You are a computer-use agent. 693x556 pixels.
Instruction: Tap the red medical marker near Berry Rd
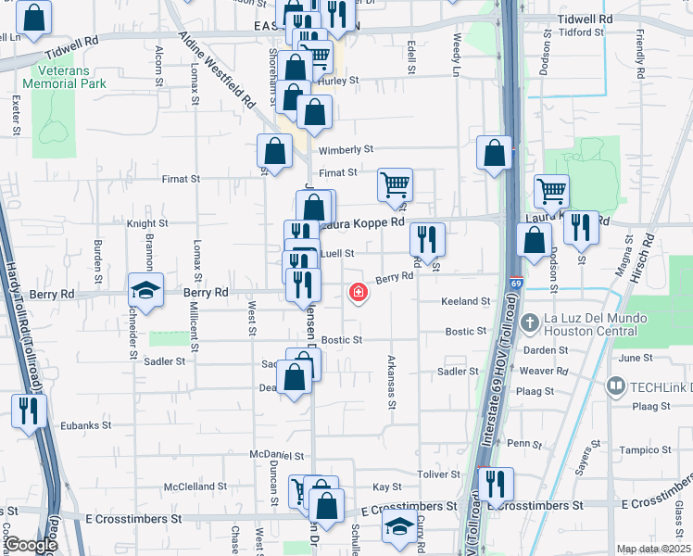[x=357, y=293]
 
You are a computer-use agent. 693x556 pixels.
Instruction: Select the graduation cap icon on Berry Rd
[x=145, y=291]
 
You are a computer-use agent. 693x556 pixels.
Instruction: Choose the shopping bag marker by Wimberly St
[x=275, y=151]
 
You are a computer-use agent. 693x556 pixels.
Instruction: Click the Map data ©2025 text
[x=652, y=549]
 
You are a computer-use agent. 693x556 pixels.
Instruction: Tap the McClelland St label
[x=195, y=486]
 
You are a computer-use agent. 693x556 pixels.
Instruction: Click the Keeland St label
[x=465, y=301]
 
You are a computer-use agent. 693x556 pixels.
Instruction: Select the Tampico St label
[x=646, y=449]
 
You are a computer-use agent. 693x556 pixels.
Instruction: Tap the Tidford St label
[x=582, y=32]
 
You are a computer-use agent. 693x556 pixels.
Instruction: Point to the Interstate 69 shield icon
[x=514, y=282]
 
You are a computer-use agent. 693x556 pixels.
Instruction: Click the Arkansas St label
[x=392, y=381]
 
